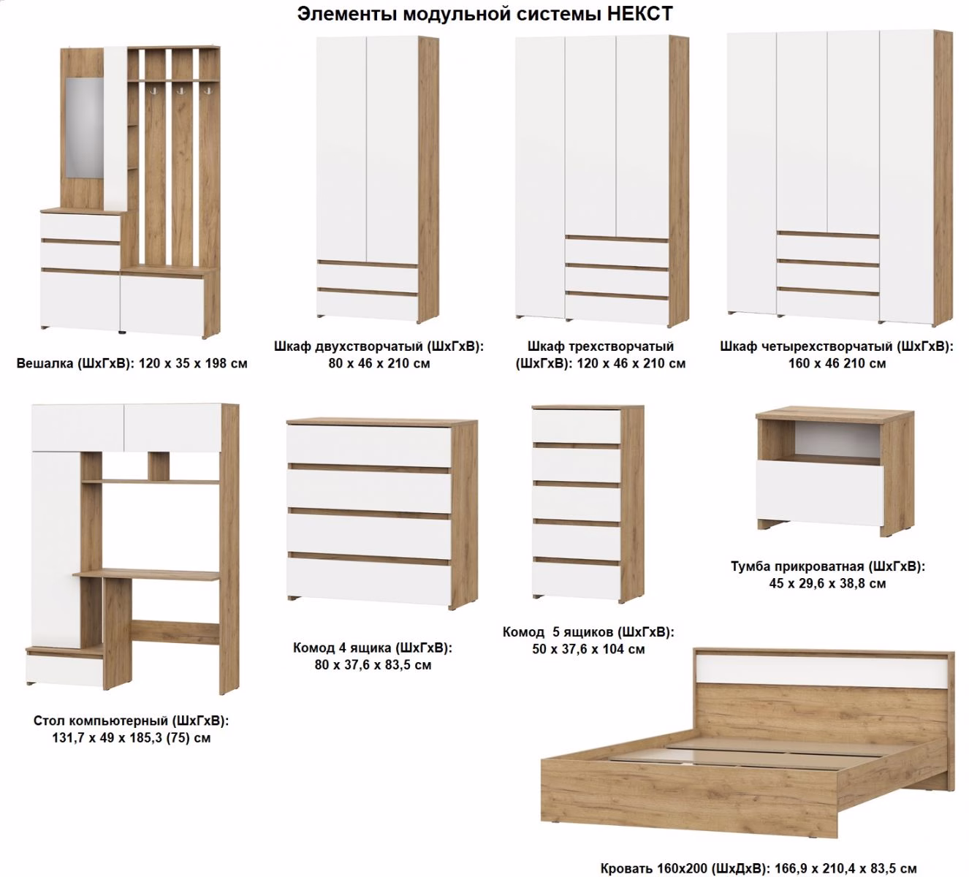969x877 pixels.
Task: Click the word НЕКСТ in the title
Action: pyautogui.click(x=639, y=14)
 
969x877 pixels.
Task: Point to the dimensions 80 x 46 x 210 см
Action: pyautogui.click(x=379, y=363)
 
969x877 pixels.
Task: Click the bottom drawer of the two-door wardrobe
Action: pyautogui.click(x=367, y=305)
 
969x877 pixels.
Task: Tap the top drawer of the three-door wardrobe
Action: pyautogui.click(x=616, y=251)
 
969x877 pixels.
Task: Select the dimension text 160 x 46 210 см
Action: pyautogui.click(x=837, y=363)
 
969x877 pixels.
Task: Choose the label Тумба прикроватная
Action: pyautogui.click(x=797, y=566)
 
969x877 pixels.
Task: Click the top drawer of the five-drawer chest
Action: pyautogui.click(x=577, y=427)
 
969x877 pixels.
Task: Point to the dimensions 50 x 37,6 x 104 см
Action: pyautogui.click(x=588, y=649)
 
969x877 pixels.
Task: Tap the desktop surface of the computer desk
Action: pyautogui.click(x=146, y=574)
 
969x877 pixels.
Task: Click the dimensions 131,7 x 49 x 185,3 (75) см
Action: pyautogui.click(x=132, y=738)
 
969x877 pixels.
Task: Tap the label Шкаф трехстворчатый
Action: pyautogui.click(x=601, y=346)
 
